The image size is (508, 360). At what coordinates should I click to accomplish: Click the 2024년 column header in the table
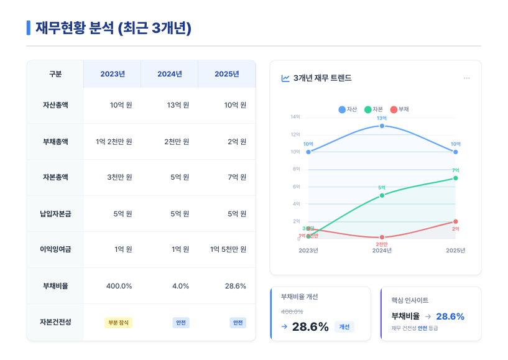click(x=170, y=74)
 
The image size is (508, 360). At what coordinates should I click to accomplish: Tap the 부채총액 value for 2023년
click(x=114, y=141)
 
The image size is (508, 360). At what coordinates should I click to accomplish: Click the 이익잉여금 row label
click(x=55, y=249)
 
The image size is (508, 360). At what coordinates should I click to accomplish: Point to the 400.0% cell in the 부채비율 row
click(x=119, y=286)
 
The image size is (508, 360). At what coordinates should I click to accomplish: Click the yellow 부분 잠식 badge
click(x=118, y=323)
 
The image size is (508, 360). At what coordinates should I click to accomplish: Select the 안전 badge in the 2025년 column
click(x=238, y=323)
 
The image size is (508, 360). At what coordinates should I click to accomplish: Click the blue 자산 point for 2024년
click(x=382, y=126)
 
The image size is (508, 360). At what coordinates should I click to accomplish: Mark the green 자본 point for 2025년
click(x=455, y=178)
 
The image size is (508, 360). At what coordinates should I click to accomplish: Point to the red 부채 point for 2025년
click(x=455, y=221)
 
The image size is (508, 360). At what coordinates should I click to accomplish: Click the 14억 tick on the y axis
click(x=295, y=117)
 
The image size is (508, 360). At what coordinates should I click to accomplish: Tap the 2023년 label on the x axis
click(x=308, y=250)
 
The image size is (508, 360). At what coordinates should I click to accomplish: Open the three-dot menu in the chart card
click(x=466, y=78)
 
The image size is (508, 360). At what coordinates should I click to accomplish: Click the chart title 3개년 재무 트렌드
click(x=321, y=78)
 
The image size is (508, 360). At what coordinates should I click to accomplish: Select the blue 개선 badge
click(x=344, y=327)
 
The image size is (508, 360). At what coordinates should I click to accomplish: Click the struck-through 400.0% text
click(x=292, y=312)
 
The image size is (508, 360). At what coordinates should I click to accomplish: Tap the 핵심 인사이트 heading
click(x=410, y=300)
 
